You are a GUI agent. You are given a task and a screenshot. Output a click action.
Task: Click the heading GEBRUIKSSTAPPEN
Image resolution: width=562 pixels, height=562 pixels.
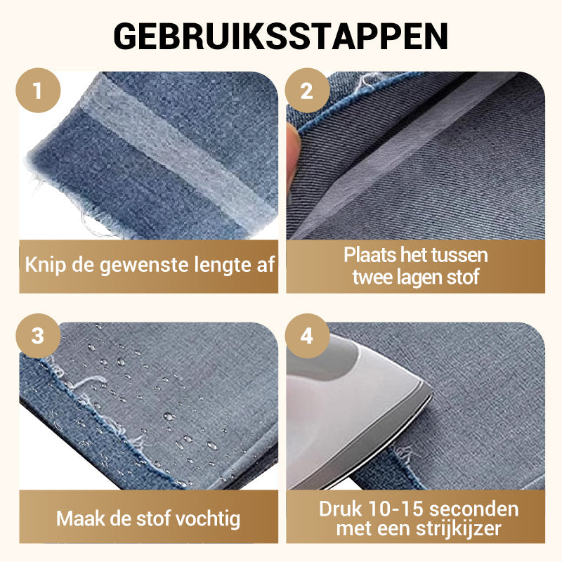(280, 37)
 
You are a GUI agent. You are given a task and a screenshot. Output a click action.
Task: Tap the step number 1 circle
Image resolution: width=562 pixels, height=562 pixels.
(38, 91)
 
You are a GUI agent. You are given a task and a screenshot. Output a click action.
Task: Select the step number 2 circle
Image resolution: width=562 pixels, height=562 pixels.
(307, 91)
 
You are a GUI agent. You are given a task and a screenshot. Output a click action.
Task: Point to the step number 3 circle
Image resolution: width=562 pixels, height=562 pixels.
(38, 336)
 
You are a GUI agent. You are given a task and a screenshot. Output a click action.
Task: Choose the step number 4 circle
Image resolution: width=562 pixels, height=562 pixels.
(307, 336)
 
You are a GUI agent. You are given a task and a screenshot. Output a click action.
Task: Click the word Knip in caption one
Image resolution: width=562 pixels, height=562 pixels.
(46, 265)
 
